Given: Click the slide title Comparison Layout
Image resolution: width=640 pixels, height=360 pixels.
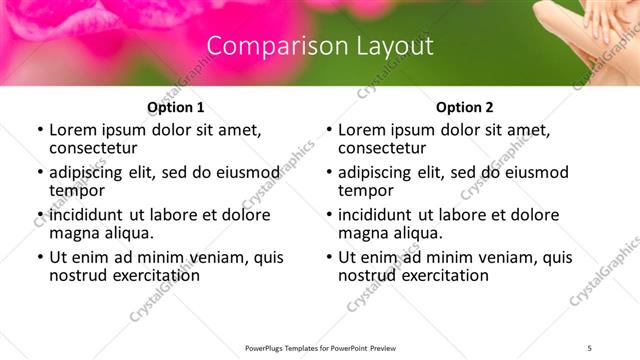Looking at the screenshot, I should tap(320, 46).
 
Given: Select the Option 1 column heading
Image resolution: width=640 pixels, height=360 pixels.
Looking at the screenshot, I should tap(175, 106).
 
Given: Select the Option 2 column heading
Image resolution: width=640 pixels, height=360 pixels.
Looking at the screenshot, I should tap(464, 106).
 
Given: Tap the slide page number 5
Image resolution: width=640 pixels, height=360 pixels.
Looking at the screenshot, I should tap(590, 347).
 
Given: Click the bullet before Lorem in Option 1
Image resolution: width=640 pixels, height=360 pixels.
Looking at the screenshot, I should tap(39, 130).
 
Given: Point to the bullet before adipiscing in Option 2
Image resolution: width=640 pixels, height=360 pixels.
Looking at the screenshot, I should tap(328, 172).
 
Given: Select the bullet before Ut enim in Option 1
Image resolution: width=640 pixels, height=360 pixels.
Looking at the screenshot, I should tap(39, 257).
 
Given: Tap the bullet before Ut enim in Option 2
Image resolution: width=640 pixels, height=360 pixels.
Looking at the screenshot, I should tap(328, 257).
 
